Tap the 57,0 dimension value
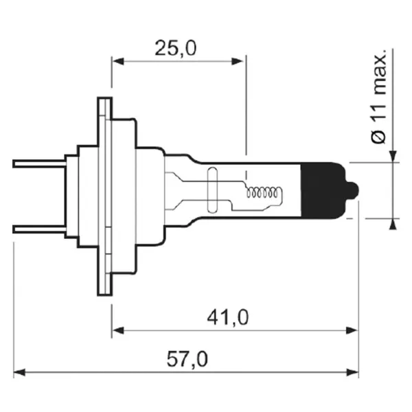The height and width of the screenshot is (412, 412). pos(187,358)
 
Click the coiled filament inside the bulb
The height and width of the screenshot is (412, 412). pos(263,194)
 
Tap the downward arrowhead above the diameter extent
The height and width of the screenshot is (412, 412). pos(393,158)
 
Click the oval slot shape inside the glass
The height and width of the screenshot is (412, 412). pos(212,190)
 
